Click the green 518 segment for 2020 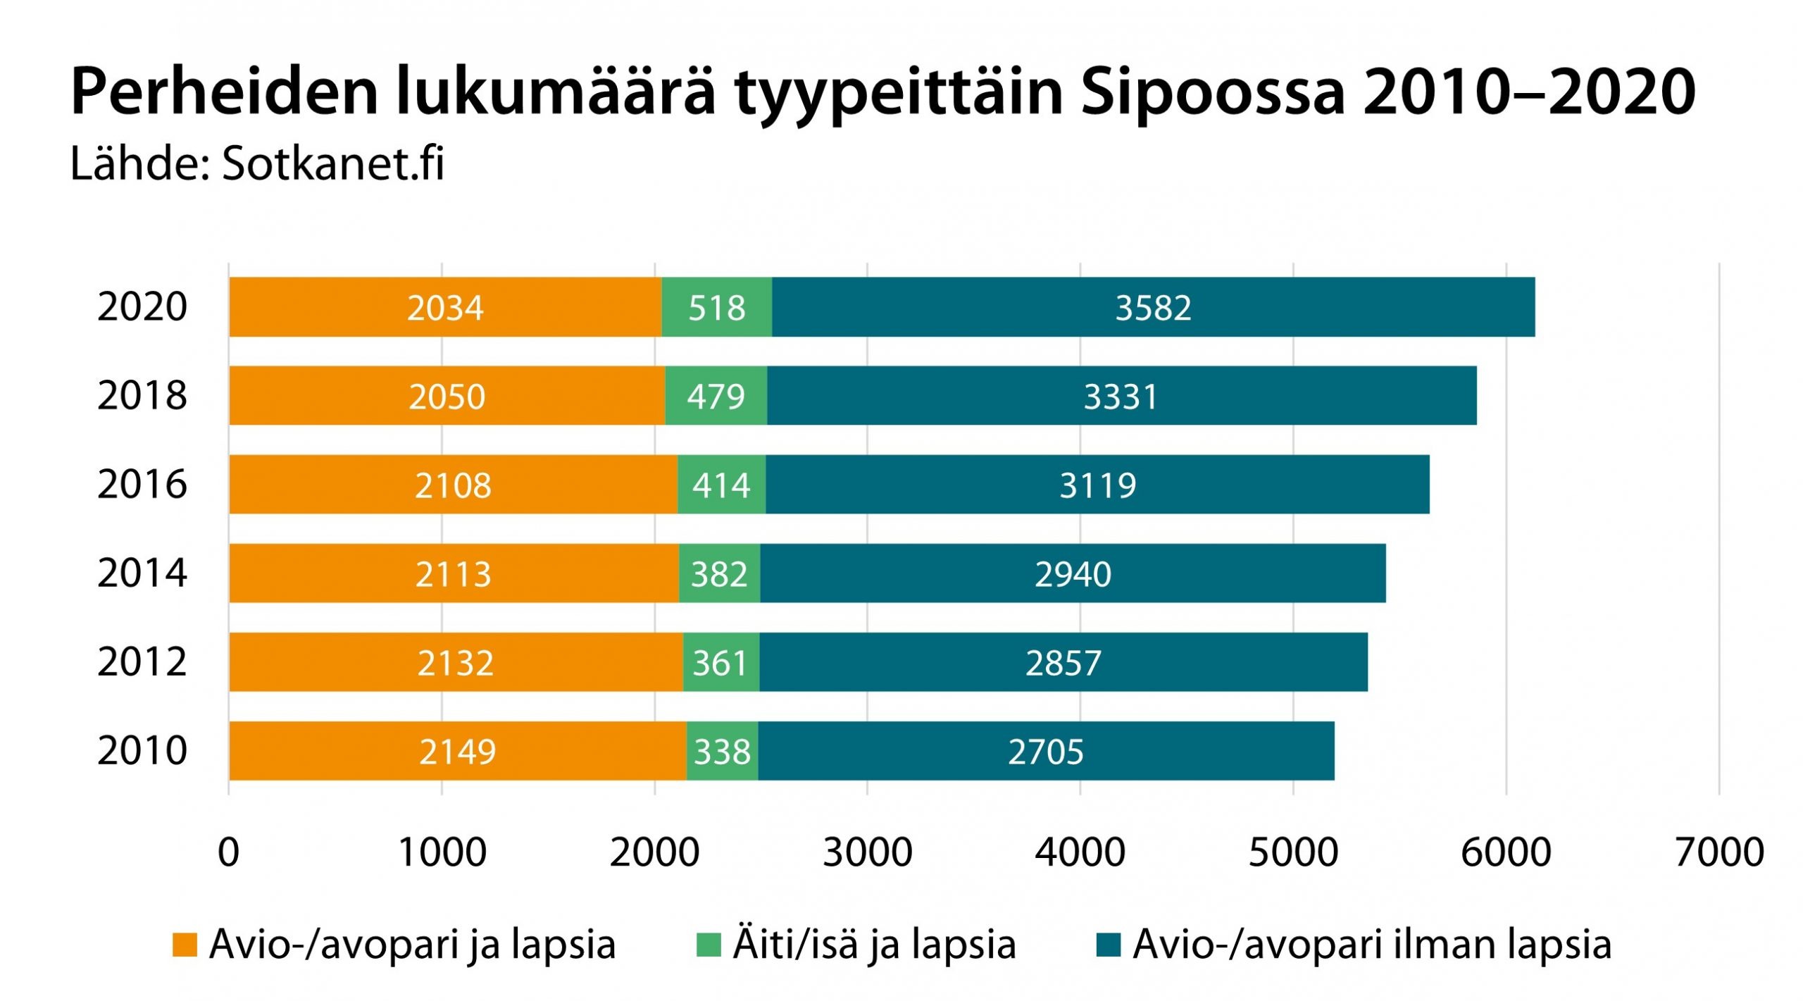[716, 307]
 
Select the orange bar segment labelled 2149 [457, 751]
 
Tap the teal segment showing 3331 [1121, 396]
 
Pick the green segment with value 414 [721, 485]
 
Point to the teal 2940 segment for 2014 [1073, 573]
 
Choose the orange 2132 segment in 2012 [455, 662]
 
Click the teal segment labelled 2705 [1046, 751]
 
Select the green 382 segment [719, 573]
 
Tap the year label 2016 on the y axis [142, 485]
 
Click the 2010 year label [142, 751]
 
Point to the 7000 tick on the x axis [1719, 852]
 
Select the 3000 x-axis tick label [868, 852]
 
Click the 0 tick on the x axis [229, 852]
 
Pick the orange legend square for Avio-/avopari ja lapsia [185, 945]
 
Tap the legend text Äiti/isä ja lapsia [874, 945]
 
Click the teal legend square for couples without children [1109, 945]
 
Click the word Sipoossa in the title [1213, 92]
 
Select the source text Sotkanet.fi [332, 164]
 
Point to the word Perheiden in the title [225, 92]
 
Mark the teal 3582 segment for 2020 [1153, 307]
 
